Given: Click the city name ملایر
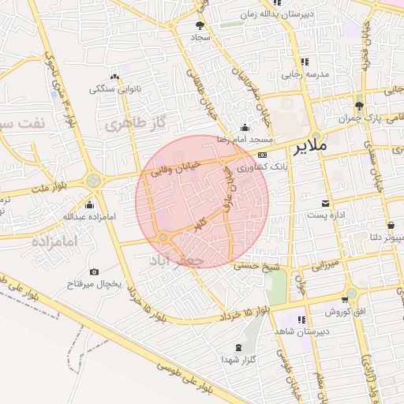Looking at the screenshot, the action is click(x=309, y=147).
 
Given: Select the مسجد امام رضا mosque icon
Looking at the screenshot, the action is click(x=245, y=128).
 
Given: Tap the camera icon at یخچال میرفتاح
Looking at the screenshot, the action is click(x=95, y=271).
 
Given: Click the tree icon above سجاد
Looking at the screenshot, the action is click(x=199, y=25).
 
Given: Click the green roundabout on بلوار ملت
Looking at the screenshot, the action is click(x=94, y=181).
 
